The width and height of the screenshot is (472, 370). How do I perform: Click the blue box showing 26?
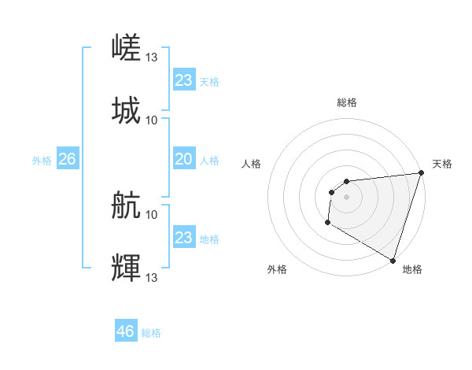tap(67, 160)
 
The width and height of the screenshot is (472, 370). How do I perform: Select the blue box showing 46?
tap(126, 331)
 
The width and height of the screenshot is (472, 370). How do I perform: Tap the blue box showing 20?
tap(184, 159)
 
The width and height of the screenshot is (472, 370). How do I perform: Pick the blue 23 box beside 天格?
tap(184, 80)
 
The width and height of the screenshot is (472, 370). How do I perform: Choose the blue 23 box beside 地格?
tap(184, 238)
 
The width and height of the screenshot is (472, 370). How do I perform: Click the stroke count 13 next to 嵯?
tap(152, 57)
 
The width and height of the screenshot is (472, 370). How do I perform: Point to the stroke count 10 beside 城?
tap(152, 120)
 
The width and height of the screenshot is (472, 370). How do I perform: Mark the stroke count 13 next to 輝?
tap(152, 277)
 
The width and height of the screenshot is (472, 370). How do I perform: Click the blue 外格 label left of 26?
tap(42, 161)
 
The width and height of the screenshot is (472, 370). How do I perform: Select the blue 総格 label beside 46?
tap(151, 333)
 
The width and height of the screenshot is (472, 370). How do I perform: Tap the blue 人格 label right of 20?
tap(209, 161)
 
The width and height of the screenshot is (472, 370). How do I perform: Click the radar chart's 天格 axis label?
tap(442, 164)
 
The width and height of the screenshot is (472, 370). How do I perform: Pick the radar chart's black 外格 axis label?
tap(277, 269)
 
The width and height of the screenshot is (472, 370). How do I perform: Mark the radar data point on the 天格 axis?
tap(421, 172)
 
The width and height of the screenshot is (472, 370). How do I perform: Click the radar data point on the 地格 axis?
tap(393, 261)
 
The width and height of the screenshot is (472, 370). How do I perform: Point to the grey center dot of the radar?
tap(346, 197)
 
